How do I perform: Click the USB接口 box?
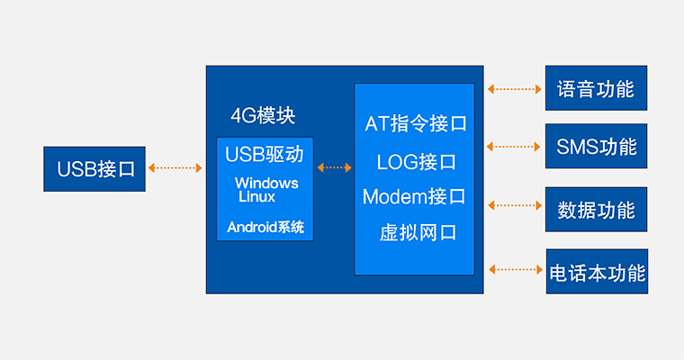coord(95,168)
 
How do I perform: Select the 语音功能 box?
coord(596,89)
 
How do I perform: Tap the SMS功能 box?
coord(596,146)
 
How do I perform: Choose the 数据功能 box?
coord(596,210)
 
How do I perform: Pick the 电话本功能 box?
coord(597,272)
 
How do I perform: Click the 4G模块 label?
coord(263,116)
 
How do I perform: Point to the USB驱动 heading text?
coord(264,154)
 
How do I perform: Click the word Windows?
coord(266,183)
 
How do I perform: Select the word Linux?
coord(256,195)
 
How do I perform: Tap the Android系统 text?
coord(265,227)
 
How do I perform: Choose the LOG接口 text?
coord(416,162)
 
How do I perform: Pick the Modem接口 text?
coord(414,196)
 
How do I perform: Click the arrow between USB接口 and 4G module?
coord(175,167)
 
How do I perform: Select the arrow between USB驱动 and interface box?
coord(335,167)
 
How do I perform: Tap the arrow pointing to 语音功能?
coord(514,89)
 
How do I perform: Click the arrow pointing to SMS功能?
coord(514,146)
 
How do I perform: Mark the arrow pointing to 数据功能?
coord(514,206)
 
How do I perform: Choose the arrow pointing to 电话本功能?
coord(514,268)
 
